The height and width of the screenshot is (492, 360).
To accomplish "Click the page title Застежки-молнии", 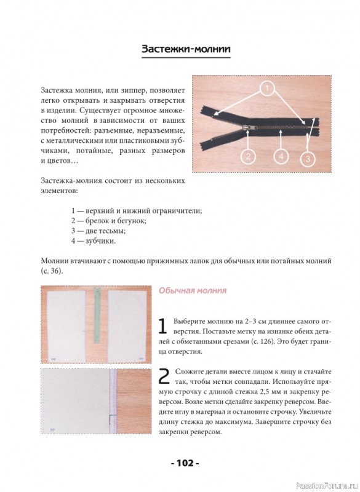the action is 186,49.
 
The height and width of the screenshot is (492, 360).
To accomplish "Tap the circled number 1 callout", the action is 267,89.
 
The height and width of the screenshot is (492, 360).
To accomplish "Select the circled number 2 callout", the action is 248,157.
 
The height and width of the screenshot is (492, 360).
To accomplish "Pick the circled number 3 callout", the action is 308,159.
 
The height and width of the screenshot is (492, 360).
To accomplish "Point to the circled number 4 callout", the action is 281,156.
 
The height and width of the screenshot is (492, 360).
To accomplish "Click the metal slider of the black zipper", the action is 249,127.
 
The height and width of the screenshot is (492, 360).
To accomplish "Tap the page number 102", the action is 185,463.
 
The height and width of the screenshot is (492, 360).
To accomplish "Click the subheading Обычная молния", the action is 193,290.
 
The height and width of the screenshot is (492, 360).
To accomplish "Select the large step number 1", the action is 162,327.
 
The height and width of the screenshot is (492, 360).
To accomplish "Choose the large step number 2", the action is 164,376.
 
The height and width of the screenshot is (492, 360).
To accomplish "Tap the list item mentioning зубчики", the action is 94,241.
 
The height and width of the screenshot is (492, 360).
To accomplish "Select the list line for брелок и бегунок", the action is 109,221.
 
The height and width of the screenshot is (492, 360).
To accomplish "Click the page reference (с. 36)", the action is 52,271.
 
